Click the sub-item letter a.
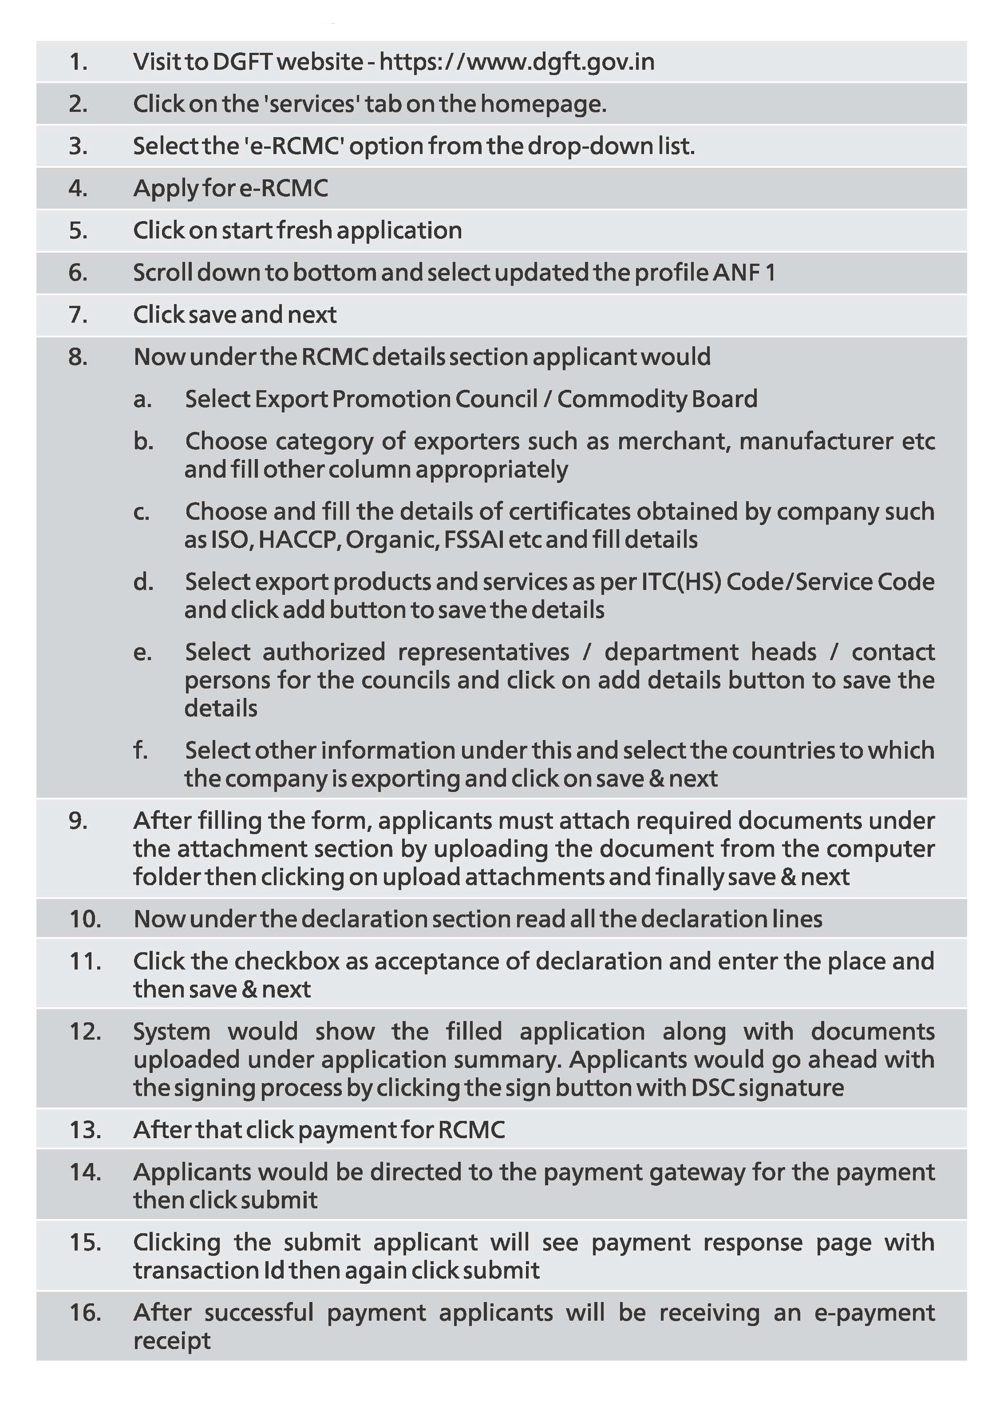[x=142, y=400]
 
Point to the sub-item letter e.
[x=142, y=652]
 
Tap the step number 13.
[x=85, y=1130]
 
